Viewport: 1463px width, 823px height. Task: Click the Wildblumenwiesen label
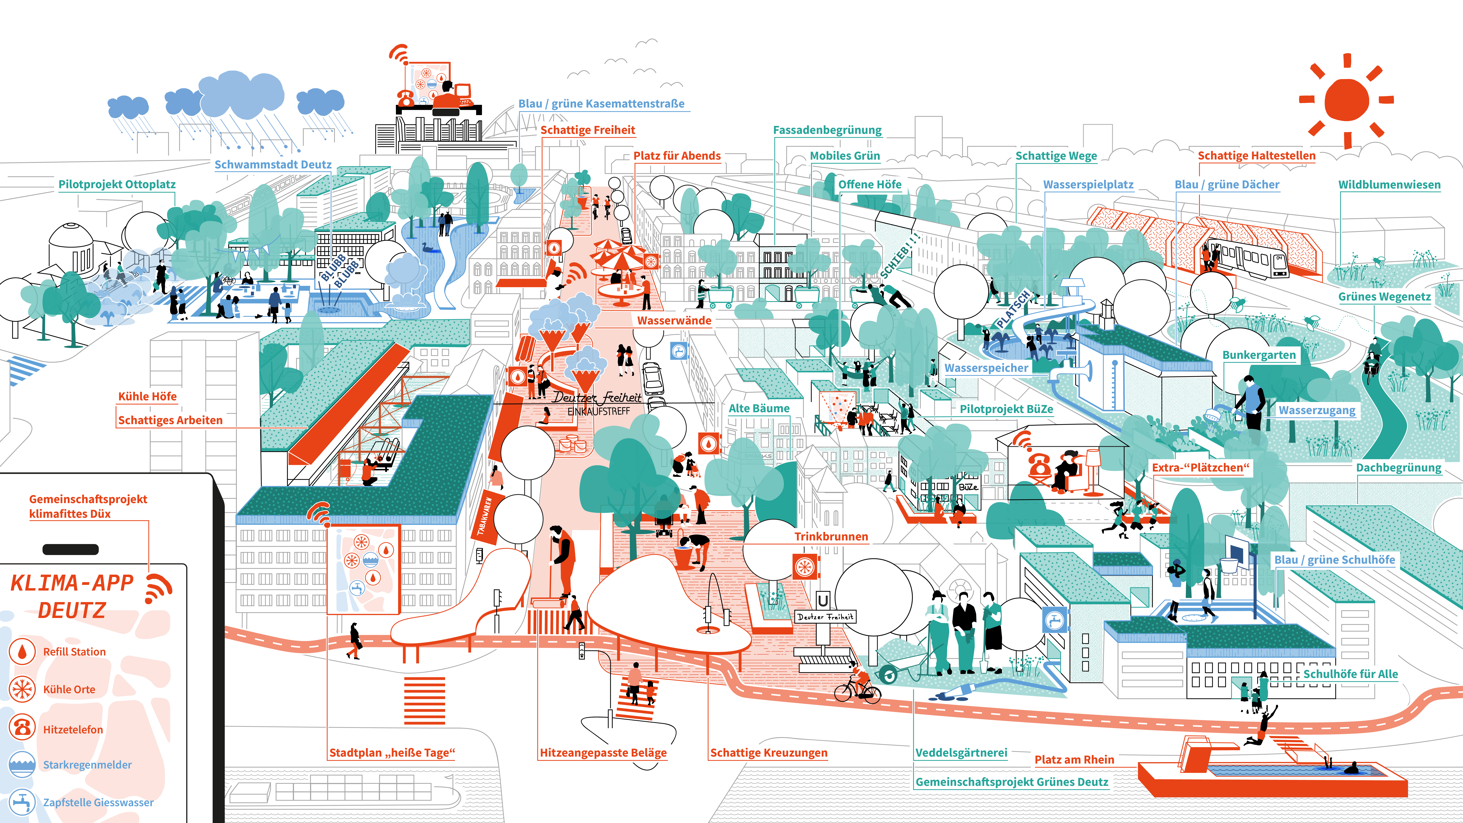[x=1389, y=185]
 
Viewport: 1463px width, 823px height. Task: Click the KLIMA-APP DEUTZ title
[x=72, y=596]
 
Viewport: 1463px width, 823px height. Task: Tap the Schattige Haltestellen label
[x=1256, y=156]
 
